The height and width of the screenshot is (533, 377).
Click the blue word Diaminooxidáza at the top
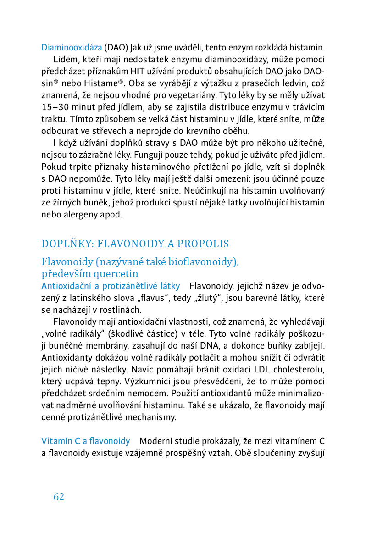coord(72,47)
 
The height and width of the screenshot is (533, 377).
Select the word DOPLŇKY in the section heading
coord(63,244)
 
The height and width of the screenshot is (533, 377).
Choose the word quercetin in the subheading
coord(112,274)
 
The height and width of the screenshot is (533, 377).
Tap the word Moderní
coord(155,441)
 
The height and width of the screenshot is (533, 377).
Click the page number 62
coord(59,496)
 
